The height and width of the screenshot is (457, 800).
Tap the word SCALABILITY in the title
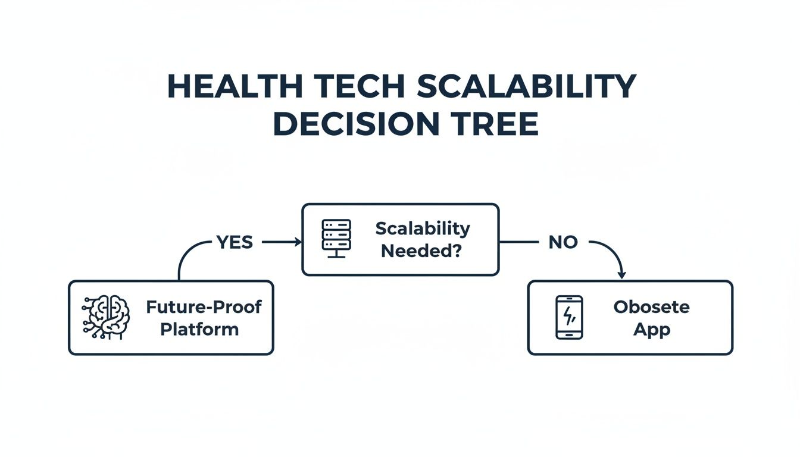point(526,87)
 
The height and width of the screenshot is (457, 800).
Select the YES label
point(235,242)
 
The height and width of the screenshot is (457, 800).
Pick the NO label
point(562,242)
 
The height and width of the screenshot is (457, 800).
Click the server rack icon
point(336,238)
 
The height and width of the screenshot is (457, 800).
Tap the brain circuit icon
point(106,317)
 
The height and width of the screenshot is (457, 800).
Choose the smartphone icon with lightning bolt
point(569,317)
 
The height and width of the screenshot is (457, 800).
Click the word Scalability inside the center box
point(423,228)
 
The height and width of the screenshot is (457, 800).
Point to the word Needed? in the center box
point(421,251)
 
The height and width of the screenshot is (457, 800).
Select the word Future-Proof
point(204,307)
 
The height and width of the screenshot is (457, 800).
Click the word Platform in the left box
point(199,329)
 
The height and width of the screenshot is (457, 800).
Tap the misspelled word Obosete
point(651,307)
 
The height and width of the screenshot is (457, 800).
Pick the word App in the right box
point(651,329)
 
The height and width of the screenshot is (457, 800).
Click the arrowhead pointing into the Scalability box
point(297,242)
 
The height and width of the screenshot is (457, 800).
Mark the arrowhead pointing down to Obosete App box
point(622,274)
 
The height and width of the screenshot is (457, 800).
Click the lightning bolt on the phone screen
point(569,315)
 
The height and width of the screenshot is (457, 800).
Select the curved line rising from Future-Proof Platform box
point(185,256)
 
